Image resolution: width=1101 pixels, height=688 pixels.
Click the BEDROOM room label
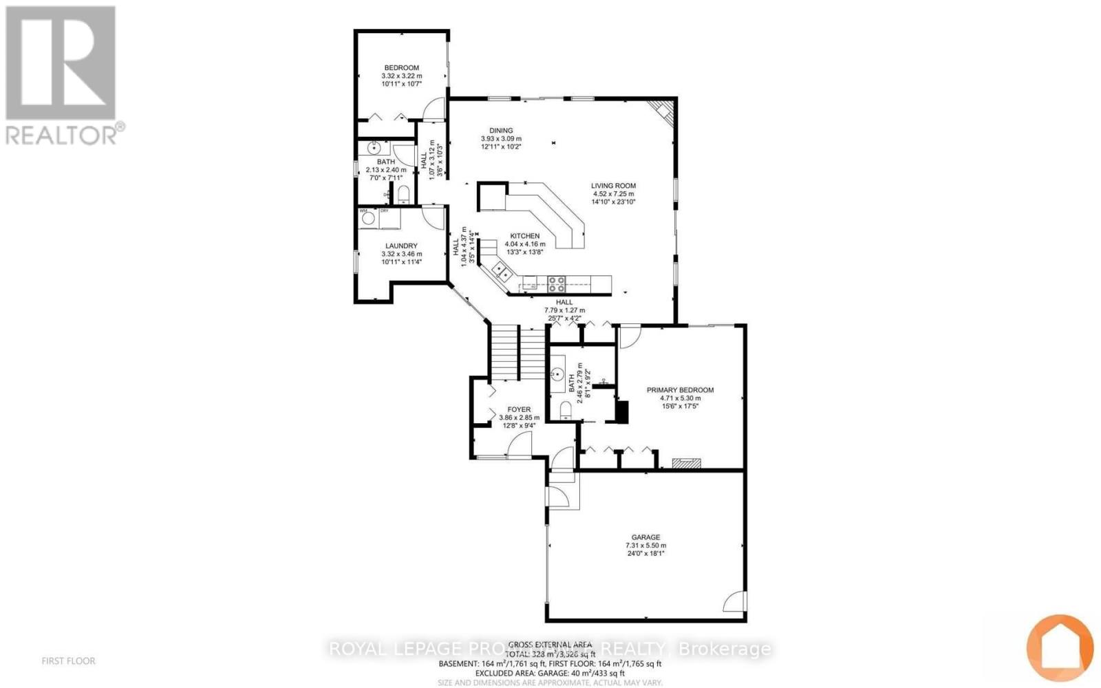(x=401, y=67)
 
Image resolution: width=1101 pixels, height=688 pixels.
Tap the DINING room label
(x=501, y=131)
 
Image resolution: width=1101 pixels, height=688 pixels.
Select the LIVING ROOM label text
(x=613, y=186)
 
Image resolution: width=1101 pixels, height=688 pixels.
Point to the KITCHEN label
(x=524, y=236)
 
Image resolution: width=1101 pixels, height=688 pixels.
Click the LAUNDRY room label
(x=401, y=246)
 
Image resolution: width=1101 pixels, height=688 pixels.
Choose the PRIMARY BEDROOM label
(x=680, y=390)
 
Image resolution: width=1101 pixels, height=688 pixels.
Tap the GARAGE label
(x=645, y=537)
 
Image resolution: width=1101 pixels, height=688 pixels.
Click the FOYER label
(x=519, y=409)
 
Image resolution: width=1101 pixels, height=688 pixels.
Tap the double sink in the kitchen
(x=500, y=272)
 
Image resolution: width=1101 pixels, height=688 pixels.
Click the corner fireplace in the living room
(x=663, y=110)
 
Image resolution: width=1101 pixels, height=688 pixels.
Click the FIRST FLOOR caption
(x=68, y=661)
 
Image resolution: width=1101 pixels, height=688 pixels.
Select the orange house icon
(x=1060, y=648)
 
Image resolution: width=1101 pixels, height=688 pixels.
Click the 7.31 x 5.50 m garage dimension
(x=645, y=546)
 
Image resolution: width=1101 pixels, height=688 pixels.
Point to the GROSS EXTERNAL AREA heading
(x=550, y=645)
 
